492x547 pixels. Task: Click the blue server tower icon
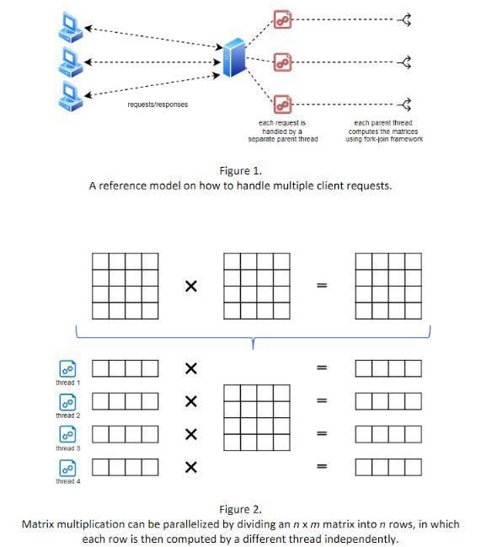tap(233, 57)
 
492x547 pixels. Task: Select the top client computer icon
tap(71, 28)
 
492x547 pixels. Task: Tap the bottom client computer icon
tap(71, 97)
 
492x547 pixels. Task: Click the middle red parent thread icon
tap(282, 62)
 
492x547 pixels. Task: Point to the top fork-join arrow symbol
tap(404, 19)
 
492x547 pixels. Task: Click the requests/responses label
tap(158, 105)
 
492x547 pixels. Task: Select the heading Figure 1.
tap(241, 170)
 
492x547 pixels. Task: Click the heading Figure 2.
tap(241, 509)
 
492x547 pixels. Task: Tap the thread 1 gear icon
tap(67, 368)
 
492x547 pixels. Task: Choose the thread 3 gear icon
tap(67, 434)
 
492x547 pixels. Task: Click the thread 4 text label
tap(68, 481)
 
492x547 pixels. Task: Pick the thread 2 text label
tap(68, 416)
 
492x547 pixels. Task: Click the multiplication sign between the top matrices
tap(191, 287)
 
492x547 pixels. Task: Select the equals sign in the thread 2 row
tap(322, 400)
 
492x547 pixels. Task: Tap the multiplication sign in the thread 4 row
tap(191, 467)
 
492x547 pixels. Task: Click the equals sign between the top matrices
tap(322, 286)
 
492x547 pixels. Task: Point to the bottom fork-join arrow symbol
tap(404, 105)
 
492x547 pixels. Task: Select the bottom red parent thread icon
tap(282, 105)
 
